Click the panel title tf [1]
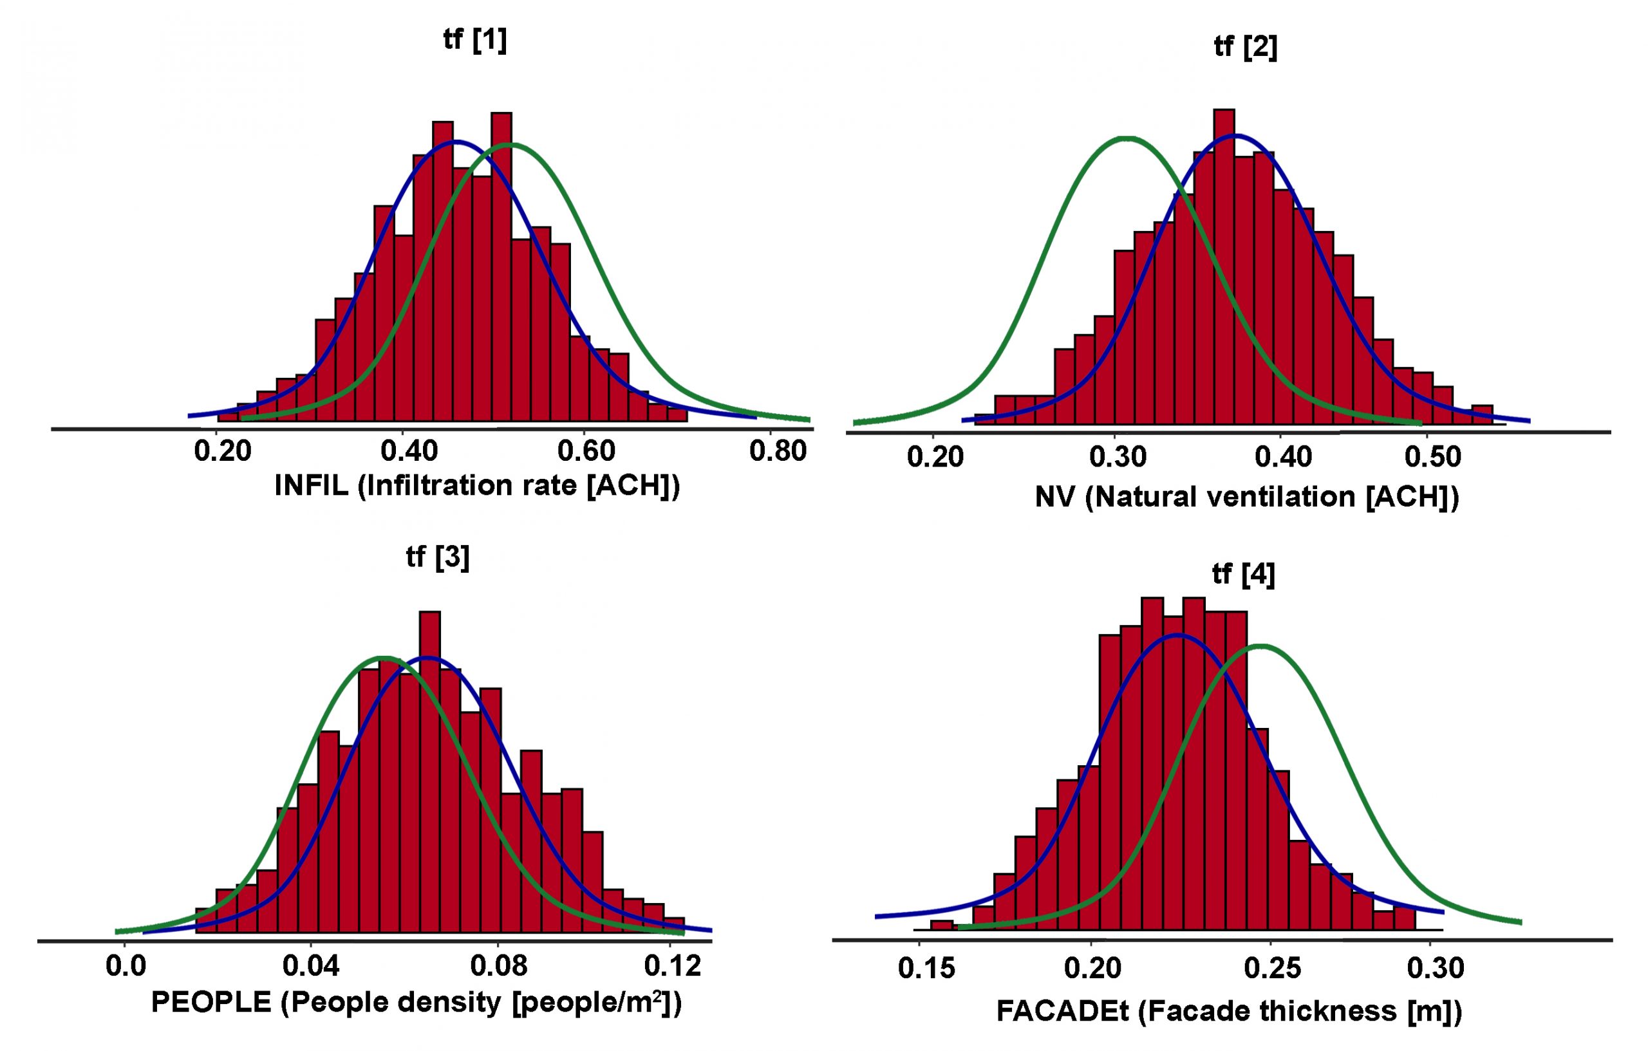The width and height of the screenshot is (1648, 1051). pyautogui.click(x=474, y=41)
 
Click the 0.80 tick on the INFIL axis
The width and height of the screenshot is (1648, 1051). pyautogui.click(x=778, y=452)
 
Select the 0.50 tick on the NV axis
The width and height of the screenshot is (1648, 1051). pyautogui.click(x=1432, y=456)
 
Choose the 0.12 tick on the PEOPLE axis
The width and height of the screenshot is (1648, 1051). pyautogui.click(x=673, y=965)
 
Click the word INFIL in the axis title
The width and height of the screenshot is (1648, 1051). pyautogui.click(x=311, y=486)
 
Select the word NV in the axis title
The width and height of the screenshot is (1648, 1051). pyautogui.click(x=1054, y=498)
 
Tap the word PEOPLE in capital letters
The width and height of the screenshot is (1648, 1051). pyautogui.click(x=211, y=1003)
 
